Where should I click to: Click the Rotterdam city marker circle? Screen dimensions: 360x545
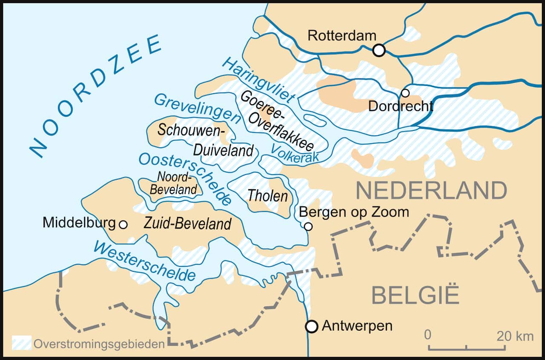click(x=379, y=50)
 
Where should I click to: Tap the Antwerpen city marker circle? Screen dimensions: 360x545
click(x=312, y=326)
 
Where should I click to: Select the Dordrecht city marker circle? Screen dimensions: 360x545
click(x=405, y=93)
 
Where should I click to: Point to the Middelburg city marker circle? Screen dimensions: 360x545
click(x=123, y=224)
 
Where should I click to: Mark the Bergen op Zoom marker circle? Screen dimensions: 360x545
click(x=308, y=226)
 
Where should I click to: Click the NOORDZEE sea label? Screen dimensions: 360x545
click(x=96, y=96)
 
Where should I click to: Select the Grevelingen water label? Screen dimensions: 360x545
click(x=197, y=108)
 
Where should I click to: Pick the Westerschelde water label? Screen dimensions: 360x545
click(x=145, y=260)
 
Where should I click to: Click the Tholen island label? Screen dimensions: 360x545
click(x=268, y=196)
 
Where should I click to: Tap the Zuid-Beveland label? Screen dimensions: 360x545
click(x=188, y=223)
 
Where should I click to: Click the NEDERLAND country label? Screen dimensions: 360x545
click(x=431, y=190)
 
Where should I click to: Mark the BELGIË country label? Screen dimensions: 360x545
click(x=416, y=295)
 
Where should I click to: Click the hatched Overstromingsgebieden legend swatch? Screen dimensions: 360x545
click(x=21, y=343)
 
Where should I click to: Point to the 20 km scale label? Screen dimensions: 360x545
click(x=515, y=336)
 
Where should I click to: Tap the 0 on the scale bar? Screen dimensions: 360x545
click(x=428, y=335)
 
